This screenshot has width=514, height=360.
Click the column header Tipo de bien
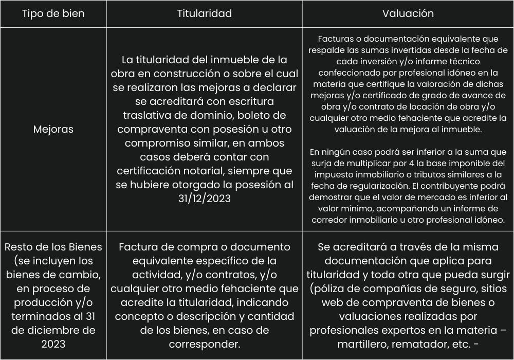coord(53,14)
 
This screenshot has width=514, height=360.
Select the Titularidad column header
coord(204,14)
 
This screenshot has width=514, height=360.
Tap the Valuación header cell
coord(408,14)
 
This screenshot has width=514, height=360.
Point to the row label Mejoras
coord(53,129)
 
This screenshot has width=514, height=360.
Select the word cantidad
coord(270,316)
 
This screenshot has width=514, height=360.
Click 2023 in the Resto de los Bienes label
coord(53,344)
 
